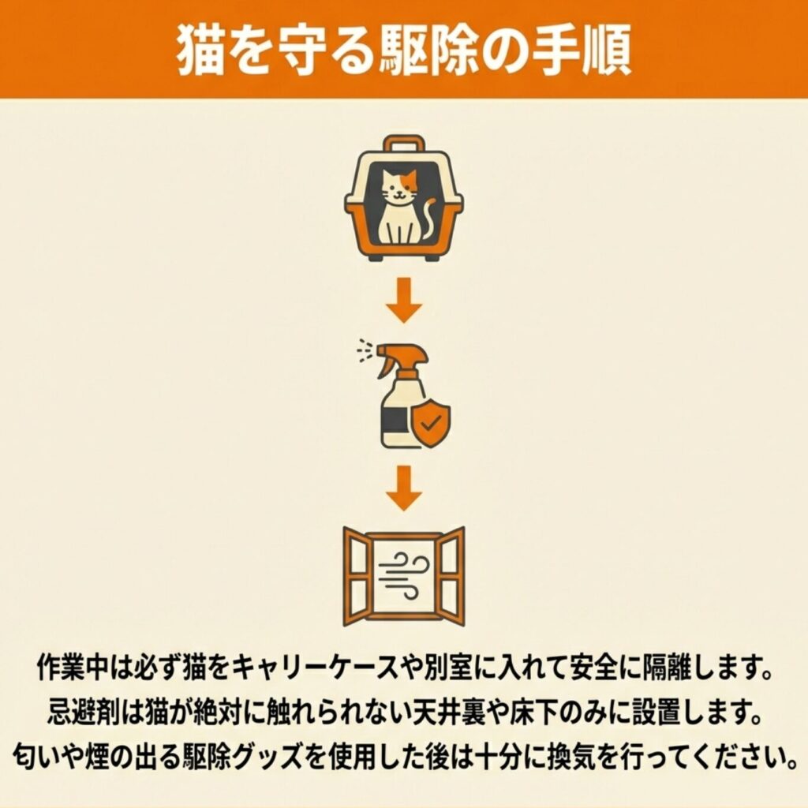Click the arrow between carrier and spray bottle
[404, 300]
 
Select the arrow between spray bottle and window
[404, 488]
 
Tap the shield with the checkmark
[430, 423]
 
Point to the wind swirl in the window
[404, 575]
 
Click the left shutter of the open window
[356, 576]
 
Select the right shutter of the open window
[451, 576]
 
